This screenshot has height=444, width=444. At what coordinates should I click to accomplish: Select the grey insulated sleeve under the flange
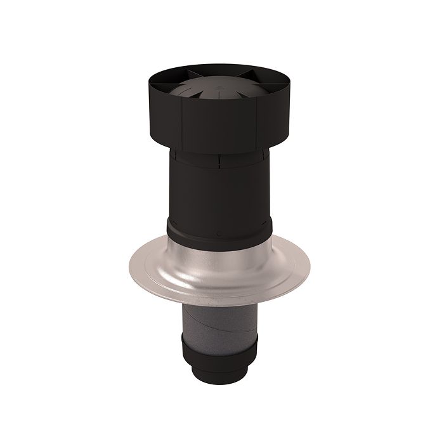pyautogui.click(x=219, y=320)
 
